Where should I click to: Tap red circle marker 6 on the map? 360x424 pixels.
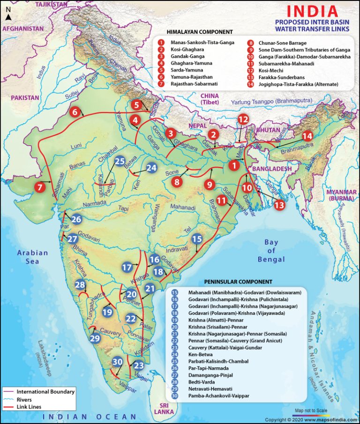click(x=75, y=112)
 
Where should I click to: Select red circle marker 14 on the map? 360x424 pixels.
click(x=307, y=136)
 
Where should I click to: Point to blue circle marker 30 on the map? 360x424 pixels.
click(x=118, y=362)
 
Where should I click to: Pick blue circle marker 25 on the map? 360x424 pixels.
click(x=120, y=161)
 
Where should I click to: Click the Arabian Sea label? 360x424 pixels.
click(x=33, y=257)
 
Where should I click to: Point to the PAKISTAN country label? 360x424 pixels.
click(x=20, y=98)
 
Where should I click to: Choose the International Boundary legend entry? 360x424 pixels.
click(x=45, y=391)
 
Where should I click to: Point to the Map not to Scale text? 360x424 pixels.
click(x=311, y=410)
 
